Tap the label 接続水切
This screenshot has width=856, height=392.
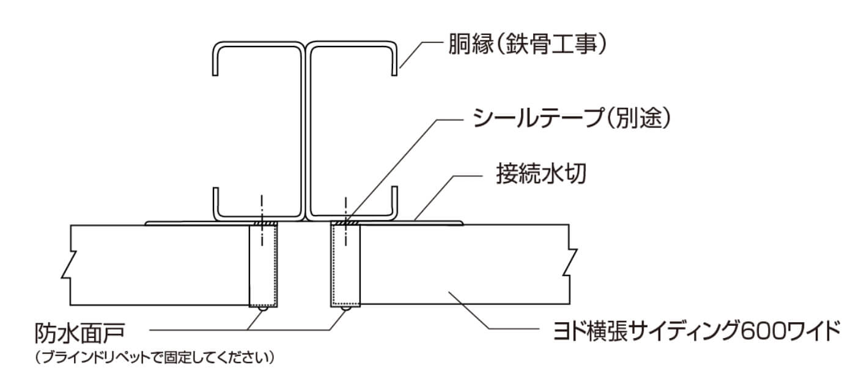click(541, 174)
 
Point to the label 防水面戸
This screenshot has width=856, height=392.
click(80, 333)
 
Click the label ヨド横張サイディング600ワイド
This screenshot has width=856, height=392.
click(697, 331)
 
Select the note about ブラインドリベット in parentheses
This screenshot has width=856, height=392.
click(154, 358)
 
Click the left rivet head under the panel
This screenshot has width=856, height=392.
click(262, 309)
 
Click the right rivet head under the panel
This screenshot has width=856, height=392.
click(345, 308)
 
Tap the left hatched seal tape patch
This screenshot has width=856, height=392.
click(265, 223)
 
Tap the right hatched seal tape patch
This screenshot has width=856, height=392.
click(346, 223)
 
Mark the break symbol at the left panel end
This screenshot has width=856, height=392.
click(69, 265)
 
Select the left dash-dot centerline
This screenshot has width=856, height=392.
click(262, 220)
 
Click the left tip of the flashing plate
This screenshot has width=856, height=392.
click(146, 224)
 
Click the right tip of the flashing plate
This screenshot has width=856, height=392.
click(463, 223)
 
